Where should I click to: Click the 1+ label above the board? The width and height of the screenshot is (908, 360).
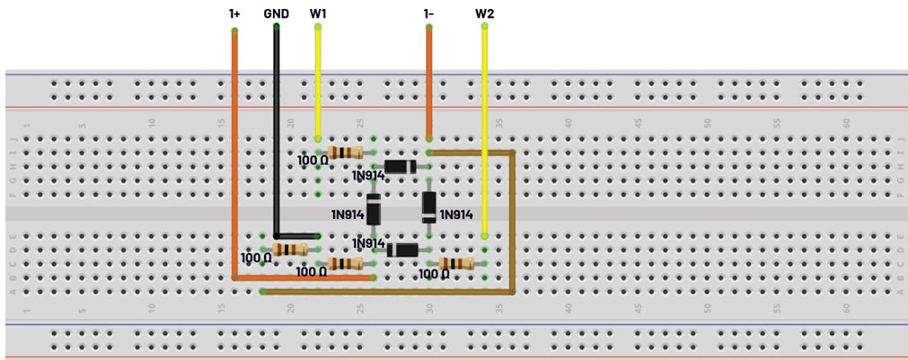coord(234,13)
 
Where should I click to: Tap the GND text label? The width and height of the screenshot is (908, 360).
coord(276,13)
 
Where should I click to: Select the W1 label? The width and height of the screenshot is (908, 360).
coord(318,13)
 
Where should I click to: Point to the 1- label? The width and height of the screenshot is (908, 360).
coord(429,13)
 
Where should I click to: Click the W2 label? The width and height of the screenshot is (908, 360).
coord(485,13)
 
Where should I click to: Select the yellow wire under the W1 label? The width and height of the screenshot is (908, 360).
coord(318,81)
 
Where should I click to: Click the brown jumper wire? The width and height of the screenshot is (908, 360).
coord(512,224)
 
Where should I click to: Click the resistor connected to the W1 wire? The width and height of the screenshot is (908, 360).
coord(346,153)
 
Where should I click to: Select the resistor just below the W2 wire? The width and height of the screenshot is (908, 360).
coord(457,263)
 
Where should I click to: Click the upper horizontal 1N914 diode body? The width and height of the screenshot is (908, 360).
coord(400,166)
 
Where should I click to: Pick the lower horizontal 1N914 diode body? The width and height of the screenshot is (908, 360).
coord(401,250)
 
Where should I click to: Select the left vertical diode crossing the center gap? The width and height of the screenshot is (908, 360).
coord(374,209)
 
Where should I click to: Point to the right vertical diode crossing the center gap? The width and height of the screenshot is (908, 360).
coord(429,207)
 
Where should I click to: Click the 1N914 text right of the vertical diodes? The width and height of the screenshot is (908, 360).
coord(456,215)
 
